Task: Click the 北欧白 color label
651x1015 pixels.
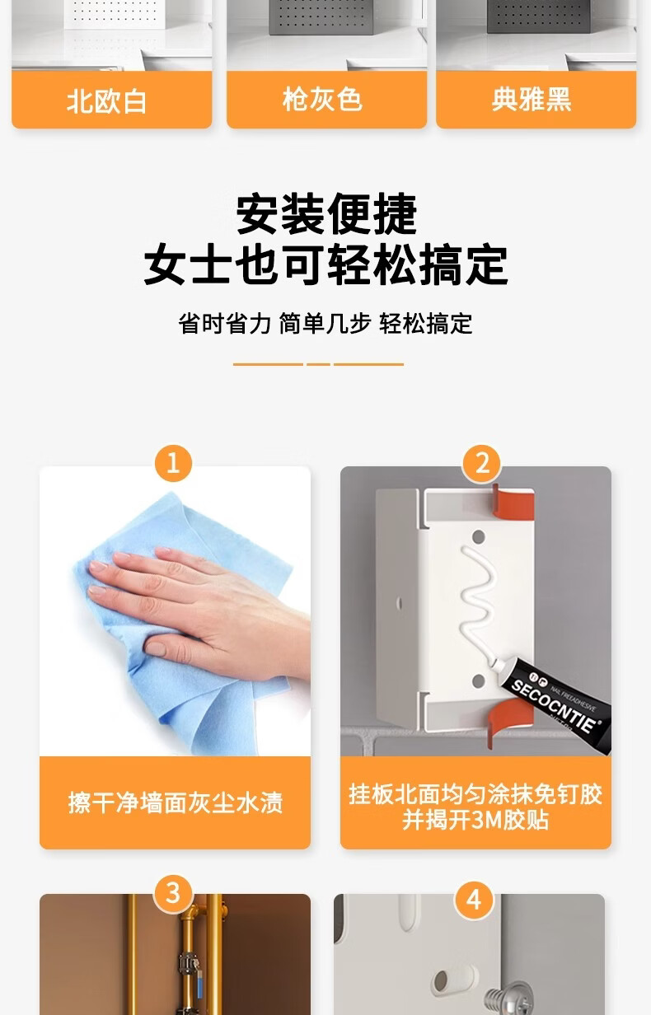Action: tap(106, 101)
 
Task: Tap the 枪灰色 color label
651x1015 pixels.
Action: tap(322, 99)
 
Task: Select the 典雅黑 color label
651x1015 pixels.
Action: tap(532, 99)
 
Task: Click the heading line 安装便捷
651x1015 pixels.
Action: tap(326, 213)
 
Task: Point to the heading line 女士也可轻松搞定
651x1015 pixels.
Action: tap(325, 264)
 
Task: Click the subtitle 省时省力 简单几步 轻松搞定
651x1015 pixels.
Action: tap(325, 324)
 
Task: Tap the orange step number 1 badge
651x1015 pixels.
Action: tap(173, 463)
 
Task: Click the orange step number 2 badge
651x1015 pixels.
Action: tap(482, 463)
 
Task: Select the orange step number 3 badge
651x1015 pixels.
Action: tap(173, 894)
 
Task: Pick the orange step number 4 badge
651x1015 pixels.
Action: tap(474, 900)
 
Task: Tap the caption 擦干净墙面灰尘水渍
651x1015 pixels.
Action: tap(176, 803)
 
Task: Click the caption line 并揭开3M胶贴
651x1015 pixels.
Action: tap(475, 820)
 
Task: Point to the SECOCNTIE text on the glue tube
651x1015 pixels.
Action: tap(554, 706)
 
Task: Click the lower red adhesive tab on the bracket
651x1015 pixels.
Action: tap(508, 722)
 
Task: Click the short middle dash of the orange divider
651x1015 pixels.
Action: tap(318, 364)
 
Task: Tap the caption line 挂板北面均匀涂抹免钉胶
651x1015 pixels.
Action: tap(475, 794)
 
